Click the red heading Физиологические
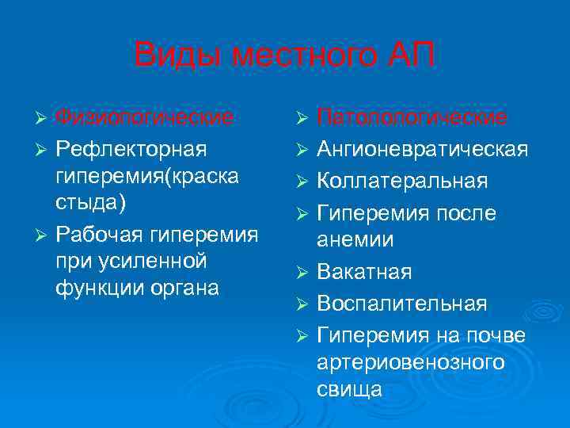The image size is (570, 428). click(143, 118)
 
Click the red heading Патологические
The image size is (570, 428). click(412, 118)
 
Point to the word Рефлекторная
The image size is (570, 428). click(130, 149)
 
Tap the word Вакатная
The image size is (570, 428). click(364, 272)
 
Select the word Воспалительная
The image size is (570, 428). click(402, 304)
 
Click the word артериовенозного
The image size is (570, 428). click(410, 362)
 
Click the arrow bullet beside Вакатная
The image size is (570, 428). click(300, 273)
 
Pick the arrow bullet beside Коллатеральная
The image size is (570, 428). click(300, 181)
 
